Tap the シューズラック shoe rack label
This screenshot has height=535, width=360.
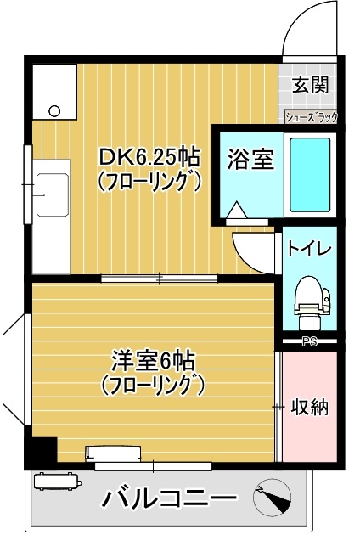(x=311, y=118)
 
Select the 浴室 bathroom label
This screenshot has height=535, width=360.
(x=250, y=159)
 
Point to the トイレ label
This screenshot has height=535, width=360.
(x=309, y=248)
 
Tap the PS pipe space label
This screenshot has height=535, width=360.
(x=310, y=342)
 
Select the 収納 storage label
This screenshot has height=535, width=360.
(x=311, y=406)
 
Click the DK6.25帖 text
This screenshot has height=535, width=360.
(x=149, y=157)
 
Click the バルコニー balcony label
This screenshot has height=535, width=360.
(x=170, y=498)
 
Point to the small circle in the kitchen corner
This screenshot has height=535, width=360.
(x=55, y=110)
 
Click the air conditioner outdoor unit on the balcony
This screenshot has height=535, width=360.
(x=56, y=482)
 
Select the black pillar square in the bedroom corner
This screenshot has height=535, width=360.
(x=42, y=449)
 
